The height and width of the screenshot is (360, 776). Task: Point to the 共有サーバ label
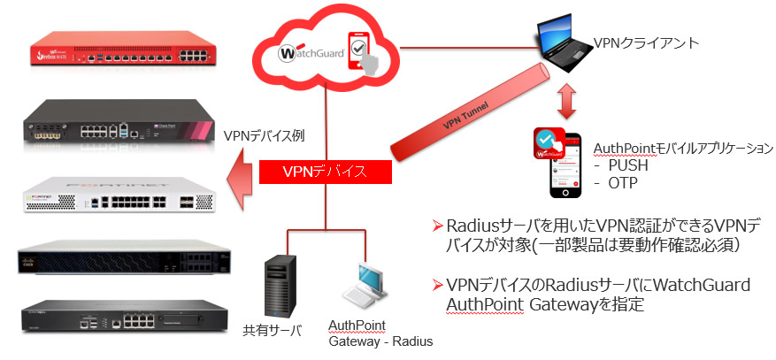pyautogui.click(x=273, y=332)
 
